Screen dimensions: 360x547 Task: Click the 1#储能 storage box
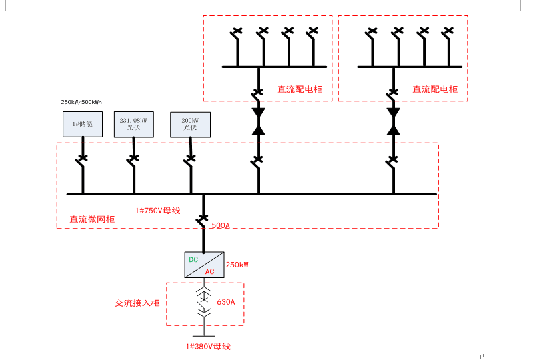tap(83, 124)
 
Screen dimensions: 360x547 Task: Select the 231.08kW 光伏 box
tap(133, 124)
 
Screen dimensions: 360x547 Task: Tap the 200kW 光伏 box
tap(190, 124)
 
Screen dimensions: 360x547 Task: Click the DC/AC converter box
tap(203, 265)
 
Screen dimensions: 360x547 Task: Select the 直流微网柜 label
tap(93, 219)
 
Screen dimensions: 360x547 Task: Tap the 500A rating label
tap(220, 226)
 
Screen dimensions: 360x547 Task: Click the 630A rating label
tap(226, 302)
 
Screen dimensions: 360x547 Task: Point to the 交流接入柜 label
tap(137, 303)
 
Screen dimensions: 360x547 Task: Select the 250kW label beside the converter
tap(237, 265)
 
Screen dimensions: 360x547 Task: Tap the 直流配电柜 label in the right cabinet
tap(435, 89)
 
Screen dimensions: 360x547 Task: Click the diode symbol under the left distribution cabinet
tap(258, 121)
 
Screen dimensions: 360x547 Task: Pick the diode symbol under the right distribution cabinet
tap(393, 121)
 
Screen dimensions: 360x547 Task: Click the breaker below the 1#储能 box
tap(82, 160)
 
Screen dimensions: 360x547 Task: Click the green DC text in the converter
tap(193, 259)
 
